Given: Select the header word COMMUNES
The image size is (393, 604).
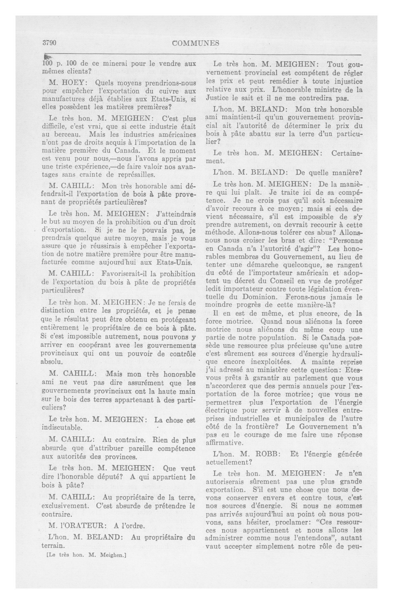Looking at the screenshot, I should [x=195, y=43].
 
